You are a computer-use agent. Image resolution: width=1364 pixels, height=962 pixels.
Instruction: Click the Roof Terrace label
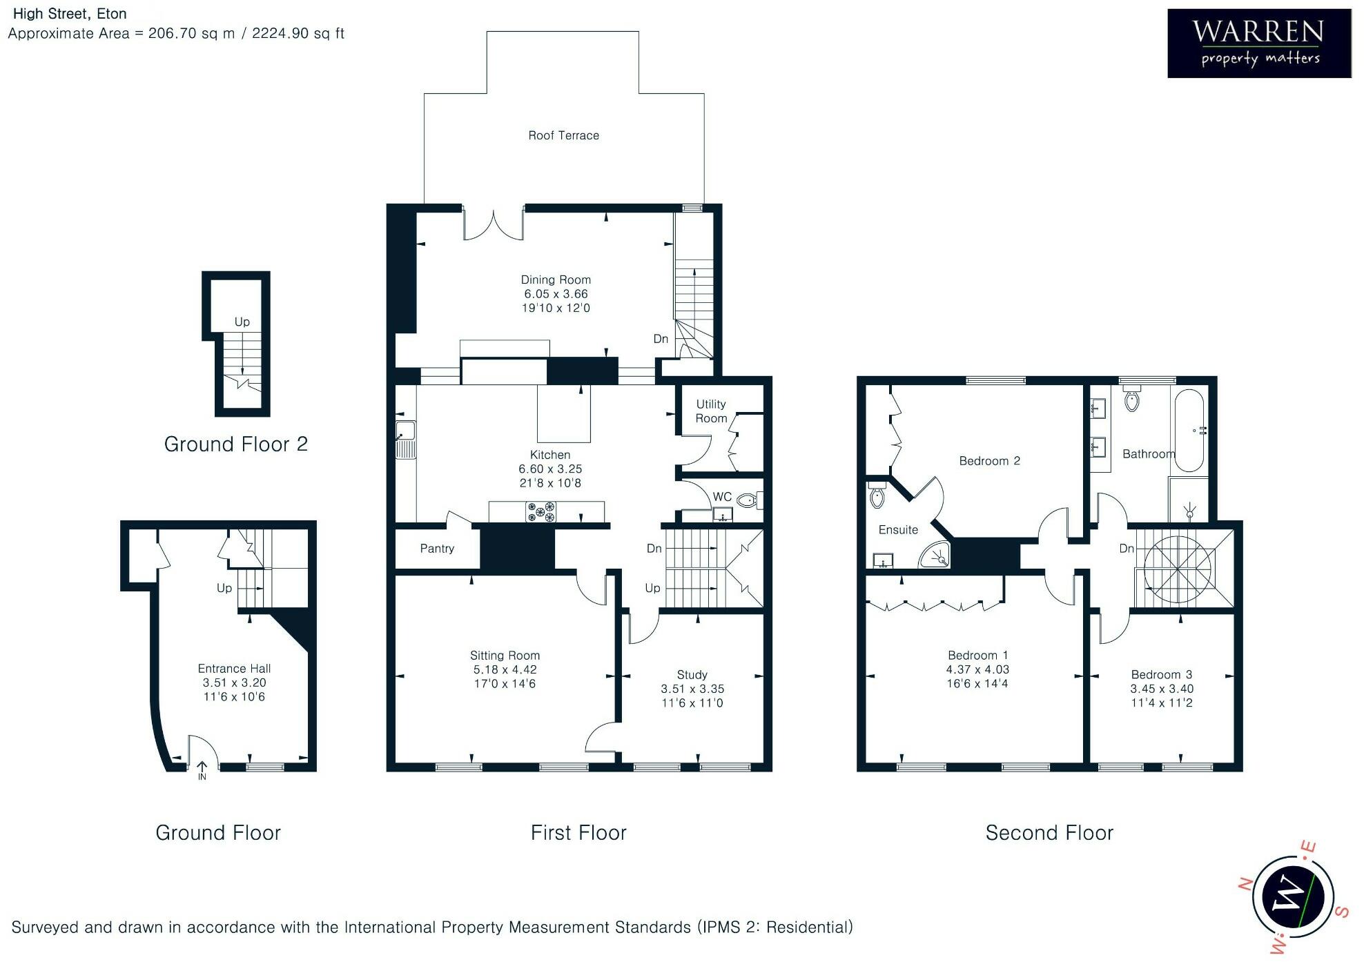(563, 135)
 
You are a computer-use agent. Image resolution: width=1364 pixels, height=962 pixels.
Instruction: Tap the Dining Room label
(556, 279)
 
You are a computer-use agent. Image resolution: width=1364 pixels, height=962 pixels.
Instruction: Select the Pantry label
(437, 549)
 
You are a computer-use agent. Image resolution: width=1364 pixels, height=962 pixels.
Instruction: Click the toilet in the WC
(748, 499)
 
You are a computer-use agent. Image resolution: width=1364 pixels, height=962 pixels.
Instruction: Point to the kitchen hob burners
(541, 511)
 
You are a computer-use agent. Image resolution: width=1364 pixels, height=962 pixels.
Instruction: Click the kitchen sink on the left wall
(405, 440)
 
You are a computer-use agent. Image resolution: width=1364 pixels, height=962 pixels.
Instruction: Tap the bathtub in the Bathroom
(1189, 431)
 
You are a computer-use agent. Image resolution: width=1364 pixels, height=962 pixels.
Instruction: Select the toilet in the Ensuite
(877, 495)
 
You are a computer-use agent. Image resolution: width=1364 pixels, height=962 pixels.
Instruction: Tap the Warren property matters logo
(1259, 43)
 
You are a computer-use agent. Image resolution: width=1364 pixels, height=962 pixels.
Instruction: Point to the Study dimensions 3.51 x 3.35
(692, 689)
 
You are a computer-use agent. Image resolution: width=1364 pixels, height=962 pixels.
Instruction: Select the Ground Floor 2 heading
(235, 444)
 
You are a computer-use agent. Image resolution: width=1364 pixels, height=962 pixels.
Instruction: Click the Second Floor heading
(1049, 833)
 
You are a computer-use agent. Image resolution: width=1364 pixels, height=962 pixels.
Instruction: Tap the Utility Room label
(711, 411)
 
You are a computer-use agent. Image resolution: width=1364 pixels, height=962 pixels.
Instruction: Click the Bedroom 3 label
(1161, 674)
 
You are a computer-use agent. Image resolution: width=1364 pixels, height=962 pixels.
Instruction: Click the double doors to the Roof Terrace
(493, 224)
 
